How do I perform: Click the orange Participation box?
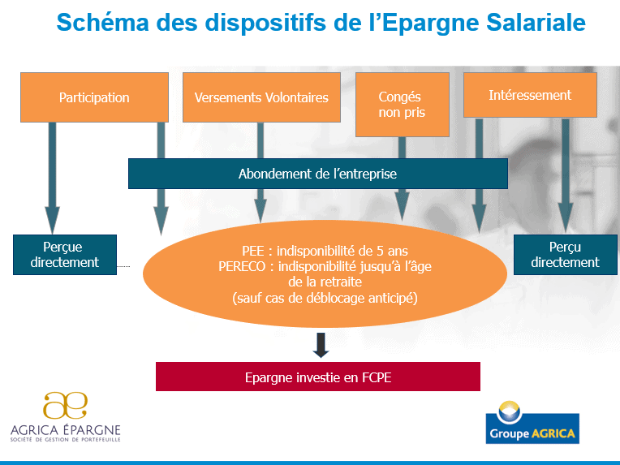click(x=94, y=97)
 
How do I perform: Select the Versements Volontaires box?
click(x=261, y=97)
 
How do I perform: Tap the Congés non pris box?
click(x=403, y=105)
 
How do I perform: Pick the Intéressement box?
click(x=530, y=95)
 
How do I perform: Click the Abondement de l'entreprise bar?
click(x=318, y=174)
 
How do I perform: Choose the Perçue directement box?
click(x=65, y=255)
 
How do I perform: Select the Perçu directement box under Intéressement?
click(x=566, y=255)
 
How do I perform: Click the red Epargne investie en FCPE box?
click(x=318, y=377)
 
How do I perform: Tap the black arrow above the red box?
click(x=321, y=345)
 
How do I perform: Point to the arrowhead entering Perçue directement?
click(x=52, y=220)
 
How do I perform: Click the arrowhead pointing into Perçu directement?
click(x=566, y=217)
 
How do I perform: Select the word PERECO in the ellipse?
click(x=242, y=266)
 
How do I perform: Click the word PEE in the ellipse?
click(x=253, y=251)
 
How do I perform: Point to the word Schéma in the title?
click(x=102, y=22)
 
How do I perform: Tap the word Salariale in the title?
click(x=536, y=22)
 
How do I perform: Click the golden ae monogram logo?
click(x=65, y=405)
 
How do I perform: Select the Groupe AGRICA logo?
click(x=532, y=422)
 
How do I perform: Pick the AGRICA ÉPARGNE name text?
click(x=66, y=430)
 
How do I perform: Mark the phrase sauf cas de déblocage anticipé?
click(x=325, y=298)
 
